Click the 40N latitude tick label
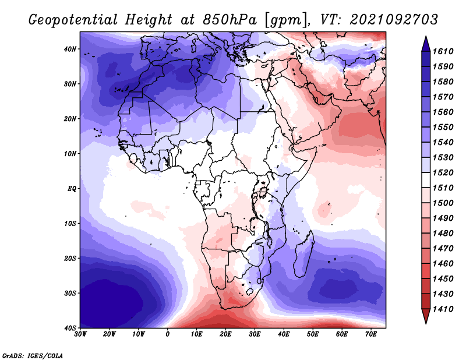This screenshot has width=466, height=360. pyautogui.click(x=69, y=49)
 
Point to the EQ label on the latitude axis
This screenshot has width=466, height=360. pyautogui.click(x=70, y=188)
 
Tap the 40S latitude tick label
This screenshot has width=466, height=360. pyautogui.click(x=69, y=327)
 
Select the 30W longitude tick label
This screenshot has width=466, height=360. pyautogui.click(x=80, y=334)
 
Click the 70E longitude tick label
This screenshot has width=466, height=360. pyautogui.click(x=370, y=334)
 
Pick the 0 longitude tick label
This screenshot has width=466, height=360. pyautogui.click(x=168, y=334)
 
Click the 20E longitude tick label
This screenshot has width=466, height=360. pyautogui.click(x=225, y=334)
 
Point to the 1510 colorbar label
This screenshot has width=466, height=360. pyautogui.click(x=446, y=188)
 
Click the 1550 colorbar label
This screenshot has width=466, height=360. pyautogui.click(x=446, y=127)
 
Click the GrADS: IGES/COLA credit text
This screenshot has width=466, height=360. pyautogui.click(x=33, y=355)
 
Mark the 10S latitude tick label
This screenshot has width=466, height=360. pyautogui.click(x=69, y=223)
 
